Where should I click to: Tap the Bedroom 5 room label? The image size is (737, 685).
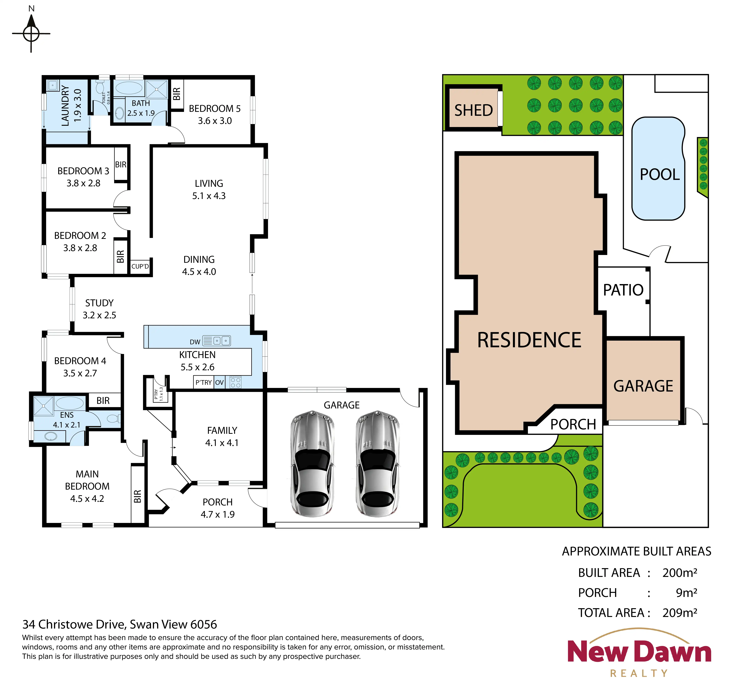(x=215, y=115)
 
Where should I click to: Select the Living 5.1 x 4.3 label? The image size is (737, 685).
(x=209, y=189)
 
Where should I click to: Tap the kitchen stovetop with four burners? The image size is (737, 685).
(x=235, y=382)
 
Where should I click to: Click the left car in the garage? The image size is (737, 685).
(x=312, y=463)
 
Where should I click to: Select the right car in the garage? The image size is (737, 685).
(x=377, y=463)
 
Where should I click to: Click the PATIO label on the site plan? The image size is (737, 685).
(x=623, y=290)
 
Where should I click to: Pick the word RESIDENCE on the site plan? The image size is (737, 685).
(x=529, y=340)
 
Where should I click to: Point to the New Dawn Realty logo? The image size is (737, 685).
(x=639, y=652)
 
